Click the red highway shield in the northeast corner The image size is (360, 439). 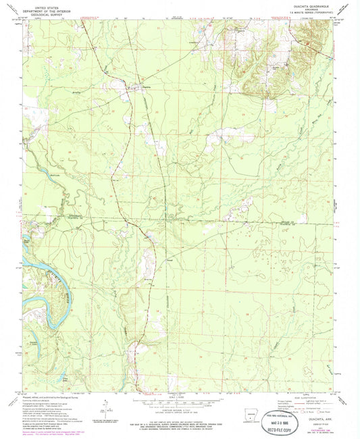309,43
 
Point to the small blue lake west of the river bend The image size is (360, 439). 28,240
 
